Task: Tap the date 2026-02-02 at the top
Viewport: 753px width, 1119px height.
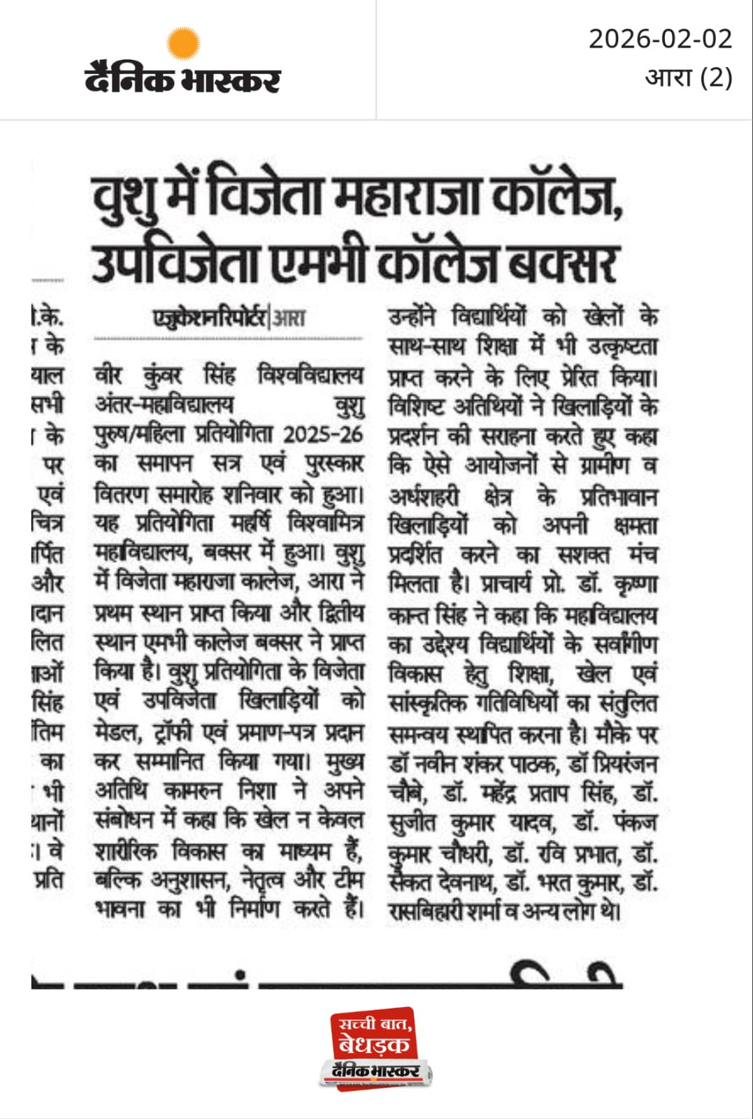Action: coord(660,39)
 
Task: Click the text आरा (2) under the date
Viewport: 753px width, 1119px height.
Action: coord(688,77)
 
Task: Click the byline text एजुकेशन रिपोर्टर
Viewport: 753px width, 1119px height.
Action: coord(210,318)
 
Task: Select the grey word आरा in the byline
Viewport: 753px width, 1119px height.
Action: coord(289,319)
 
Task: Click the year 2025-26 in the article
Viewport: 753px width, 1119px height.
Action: coord(323,434)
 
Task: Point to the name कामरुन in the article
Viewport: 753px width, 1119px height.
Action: coord(192,790)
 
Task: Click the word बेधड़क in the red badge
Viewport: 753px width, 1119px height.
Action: coord(373,1045)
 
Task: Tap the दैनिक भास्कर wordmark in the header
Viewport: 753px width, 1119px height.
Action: coord(182,78)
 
